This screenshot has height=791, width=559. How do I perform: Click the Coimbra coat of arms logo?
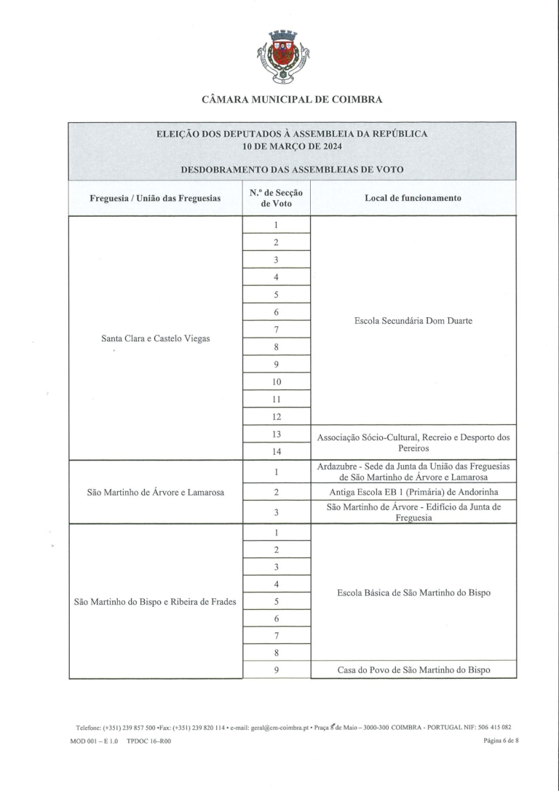284,56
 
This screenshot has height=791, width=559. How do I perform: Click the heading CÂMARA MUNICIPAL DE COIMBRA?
292,100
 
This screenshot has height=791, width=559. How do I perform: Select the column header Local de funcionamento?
413,198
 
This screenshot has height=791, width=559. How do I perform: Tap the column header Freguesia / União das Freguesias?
155,198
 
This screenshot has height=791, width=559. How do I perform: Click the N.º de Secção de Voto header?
276,198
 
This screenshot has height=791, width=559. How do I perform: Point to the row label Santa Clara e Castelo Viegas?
156,338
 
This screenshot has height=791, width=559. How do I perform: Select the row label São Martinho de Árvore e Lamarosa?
156,492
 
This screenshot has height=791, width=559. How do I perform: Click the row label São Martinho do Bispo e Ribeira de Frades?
156,602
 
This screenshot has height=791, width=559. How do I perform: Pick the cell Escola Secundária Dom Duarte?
413,320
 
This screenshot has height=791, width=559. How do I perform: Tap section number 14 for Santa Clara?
277,452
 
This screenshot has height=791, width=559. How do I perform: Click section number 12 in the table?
277,417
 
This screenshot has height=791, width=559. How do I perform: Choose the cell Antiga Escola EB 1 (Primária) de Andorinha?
413,492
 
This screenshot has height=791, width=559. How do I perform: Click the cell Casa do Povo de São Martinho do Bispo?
413,669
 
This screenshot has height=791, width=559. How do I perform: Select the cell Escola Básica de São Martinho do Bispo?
413,593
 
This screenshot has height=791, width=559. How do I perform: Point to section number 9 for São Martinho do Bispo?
277,669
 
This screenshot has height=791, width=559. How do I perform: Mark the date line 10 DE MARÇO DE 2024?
292,146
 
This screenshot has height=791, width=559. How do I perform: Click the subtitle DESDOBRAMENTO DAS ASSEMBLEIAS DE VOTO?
292,169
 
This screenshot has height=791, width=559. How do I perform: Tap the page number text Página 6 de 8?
499,740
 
